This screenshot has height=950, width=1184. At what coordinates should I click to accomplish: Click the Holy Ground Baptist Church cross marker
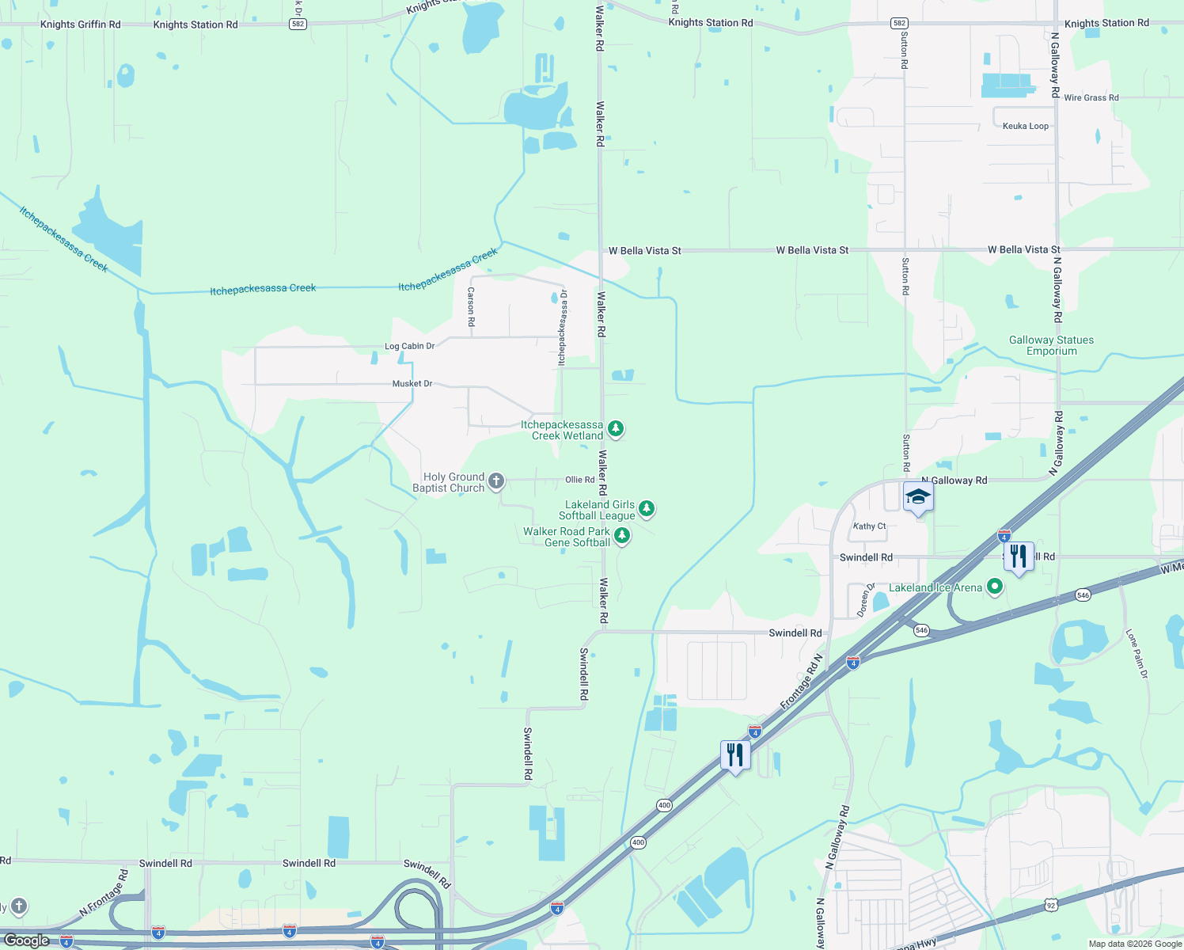[x=496, y=481]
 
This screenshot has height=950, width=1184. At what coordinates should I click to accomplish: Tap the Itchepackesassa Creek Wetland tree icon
[x=615, y=429]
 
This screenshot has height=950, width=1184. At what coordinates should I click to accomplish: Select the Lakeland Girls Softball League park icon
[x=647, y=508]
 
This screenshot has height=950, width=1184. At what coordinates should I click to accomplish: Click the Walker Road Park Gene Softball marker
[x=622, y=536]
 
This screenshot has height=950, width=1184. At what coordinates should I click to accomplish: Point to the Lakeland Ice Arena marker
[x=996, y=587]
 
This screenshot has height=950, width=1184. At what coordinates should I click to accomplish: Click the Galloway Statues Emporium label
[x=1051, y=346]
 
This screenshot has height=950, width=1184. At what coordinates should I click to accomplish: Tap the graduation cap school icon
[x=918, y=497]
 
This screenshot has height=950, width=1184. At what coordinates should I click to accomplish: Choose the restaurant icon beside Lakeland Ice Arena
[x=1019, y=557]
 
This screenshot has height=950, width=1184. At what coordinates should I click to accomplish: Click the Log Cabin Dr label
[x=409, y=346]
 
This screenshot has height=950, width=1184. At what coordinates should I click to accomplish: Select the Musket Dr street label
[x=412, y=384]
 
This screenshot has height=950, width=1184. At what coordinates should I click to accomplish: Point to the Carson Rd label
[x=471, y=307]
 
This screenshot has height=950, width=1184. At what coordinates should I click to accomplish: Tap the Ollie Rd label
[x=579, y=480]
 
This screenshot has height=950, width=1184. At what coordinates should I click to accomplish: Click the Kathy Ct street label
[x=869, y=526]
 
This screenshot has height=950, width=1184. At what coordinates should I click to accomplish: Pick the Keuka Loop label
[x=1025, y=126]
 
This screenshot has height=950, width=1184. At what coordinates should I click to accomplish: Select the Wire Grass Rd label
[x=1091, y=98]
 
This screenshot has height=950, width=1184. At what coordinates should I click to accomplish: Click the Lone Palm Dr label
[x=1137, y=654]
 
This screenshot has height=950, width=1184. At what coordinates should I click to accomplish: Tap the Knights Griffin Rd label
[x=81, y=25]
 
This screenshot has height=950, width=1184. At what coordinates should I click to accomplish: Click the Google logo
[x=27, y=940]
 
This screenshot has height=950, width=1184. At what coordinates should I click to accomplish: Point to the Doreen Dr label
[x=865, y=600]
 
